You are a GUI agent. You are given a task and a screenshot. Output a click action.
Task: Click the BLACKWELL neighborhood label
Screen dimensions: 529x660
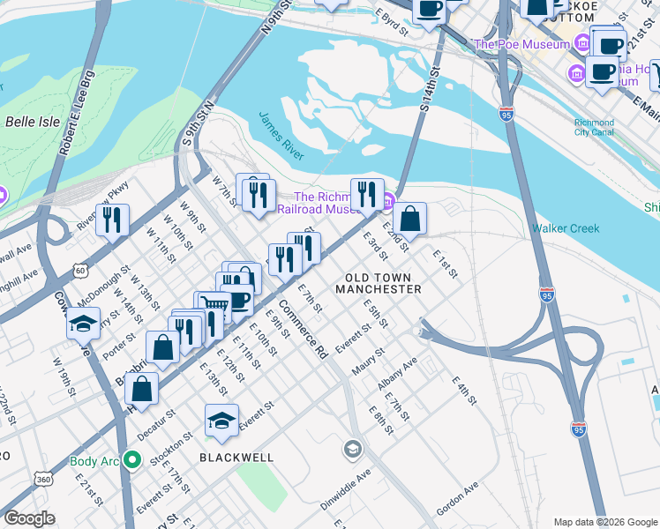pos(236,458)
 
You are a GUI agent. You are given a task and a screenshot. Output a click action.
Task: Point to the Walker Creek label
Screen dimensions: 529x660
pos(565,228)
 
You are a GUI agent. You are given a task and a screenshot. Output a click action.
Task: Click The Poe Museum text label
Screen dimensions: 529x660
pos(521,44)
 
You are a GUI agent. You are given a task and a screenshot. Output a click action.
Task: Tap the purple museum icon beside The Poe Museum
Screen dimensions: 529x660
pos(582,42)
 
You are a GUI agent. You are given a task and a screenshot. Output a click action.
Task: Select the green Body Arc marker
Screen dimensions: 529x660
pos(132,459)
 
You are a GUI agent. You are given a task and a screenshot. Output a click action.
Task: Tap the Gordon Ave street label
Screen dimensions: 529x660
pos(457,495)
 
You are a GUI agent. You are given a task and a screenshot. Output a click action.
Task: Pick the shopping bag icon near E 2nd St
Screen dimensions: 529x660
pos(410,218)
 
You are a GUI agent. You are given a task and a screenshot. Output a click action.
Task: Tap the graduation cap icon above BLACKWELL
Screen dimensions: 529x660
pos(221,421)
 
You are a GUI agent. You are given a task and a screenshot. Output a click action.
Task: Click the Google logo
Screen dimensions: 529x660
pos(30,518)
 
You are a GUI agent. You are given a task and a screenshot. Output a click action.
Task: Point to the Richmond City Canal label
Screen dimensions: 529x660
pos(594,128)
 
